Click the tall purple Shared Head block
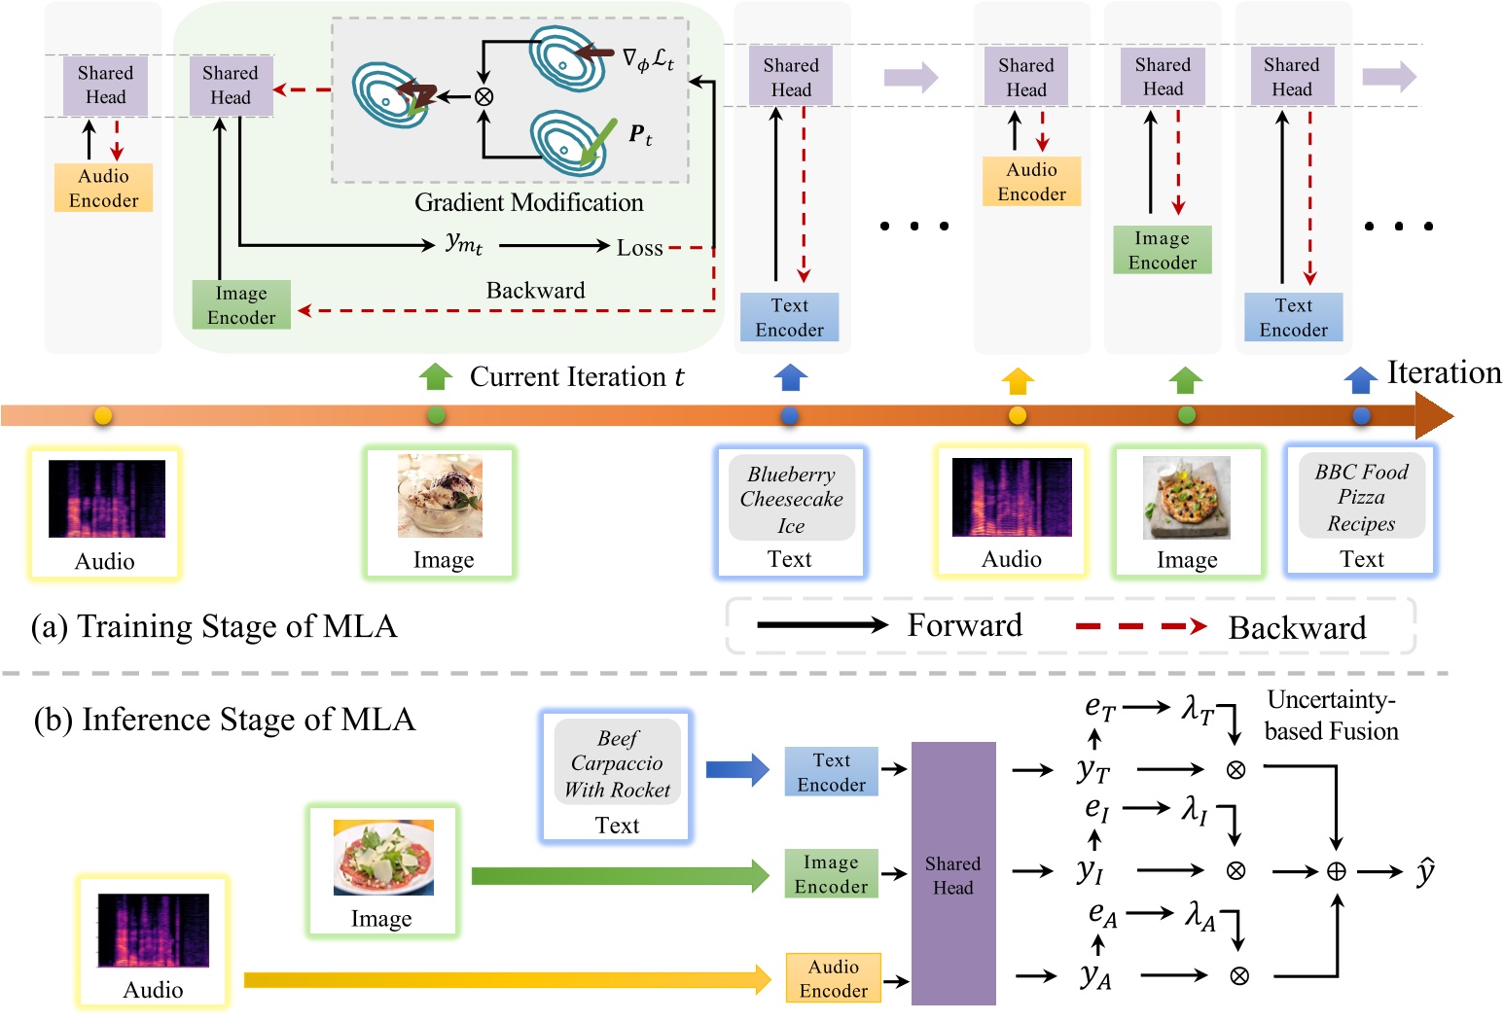click(x=952, y=873)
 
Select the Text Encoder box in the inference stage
click(x=831, y=772)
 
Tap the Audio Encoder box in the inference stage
click(x=833, y=978)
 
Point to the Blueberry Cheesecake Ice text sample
click(x=791, y=499)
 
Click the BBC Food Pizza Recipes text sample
click(x=1361, y=497)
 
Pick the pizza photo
click(x=1186, y=498)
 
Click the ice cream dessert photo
click(x=440, y=496)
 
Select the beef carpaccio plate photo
click(x=383, y=857)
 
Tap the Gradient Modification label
click(x=528, y=202)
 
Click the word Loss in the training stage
click(x=639, y=248)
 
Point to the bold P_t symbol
click(x=639, y=135)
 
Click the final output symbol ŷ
click(x=1424, y=871)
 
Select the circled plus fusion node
click(x=1337, y=872)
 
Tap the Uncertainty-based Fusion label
click(x=1331, y=716)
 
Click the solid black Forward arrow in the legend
click(x=822, y=625)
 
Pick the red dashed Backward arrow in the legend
click(x=1140, y=627)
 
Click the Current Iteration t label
click(x=576, y=377)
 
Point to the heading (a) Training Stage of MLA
click(x=214, y=626)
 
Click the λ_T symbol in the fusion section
click(x=1197, y=709)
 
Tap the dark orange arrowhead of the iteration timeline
click(x=1433, y=416)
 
